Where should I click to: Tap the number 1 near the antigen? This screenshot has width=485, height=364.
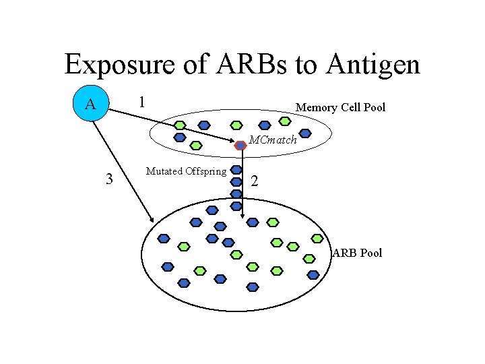click(x=141, y=102)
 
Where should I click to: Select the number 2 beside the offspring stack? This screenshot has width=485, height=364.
click(x=255, y=181)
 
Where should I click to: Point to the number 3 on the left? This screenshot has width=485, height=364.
click(x=108, y=179)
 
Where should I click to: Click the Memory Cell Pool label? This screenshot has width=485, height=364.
click(x=340, y=107)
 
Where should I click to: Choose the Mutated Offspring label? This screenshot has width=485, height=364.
click(x=186, y=171)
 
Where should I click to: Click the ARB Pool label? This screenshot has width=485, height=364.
click(x=357, y=253)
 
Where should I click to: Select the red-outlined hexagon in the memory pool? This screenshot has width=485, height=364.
click(x=240, y=144)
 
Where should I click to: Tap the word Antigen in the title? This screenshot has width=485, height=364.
click(x=373, y=65)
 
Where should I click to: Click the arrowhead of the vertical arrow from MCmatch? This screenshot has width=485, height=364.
click(x=243, y=216)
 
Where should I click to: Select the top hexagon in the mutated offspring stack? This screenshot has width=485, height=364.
click(x=236, y=169)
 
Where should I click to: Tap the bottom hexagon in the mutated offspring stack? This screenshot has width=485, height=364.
click(x=236, y=206)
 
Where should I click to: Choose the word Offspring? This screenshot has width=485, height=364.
click(x=204, y=171)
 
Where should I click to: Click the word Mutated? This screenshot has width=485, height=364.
click(x=162, y=171)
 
